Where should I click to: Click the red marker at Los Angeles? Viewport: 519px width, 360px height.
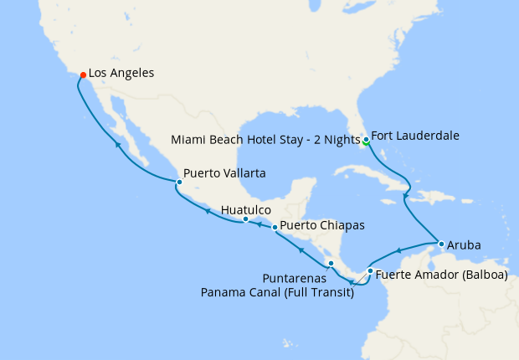(83, 75)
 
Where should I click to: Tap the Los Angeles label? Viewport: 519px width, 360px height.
(121, 74)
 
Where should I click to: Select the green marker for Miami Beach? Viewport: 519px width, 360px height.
(366, 142)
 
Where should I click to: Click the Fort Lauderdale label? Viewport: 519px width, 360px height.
(414, 135)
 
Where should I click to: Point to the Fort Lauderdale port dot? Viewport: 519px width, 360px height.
(366, 138)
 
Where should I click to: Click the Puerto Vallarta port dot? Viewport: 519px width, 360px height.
(178, 182)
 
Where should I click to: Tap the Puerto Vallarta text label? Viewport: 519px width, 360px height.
(224, 173)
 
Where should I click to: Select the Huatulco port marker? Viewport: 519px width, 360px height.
(245, 219)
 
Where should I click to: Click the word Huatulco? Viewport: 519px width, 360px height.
(247, 209)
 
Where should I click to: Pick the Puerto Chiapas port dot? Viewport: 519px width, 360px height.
(275, 227)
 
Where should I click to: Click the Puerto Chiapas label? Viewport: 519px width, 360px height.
(321, 225)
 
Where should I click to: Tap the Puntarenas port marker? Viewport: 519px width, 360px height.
(331, 264)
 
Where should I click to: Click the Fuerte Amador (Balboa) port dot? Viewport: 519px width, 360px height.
(370, 270)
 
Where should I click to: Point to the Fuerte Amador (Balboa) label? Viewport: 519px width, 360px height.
(441, 275)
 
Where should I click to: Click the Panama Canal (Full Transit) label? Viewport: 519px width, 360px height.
(277, 291)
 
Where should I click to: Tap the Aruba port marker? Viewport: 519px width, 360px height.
(441, 244)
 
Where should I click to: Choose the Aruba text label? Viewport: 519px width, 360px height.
(464, 245)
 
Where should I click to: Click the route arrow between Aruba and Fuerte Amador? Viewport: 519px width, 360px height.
(399, 250)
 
